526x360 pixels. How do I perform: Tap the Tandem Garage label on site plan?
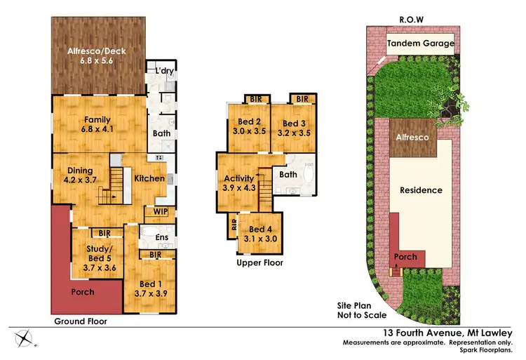421,44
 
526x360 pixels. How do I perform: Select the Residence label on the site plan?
421,189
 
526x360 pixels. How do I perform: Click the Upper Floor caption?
259,262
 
